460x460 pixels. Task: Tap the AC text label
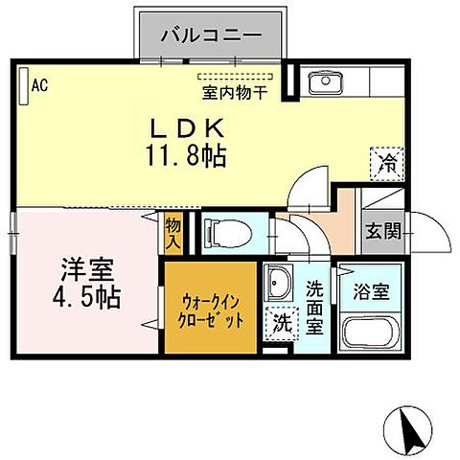click(x=39, y=86)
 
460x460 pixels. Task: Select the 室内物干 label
click(x=235, y=92)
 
